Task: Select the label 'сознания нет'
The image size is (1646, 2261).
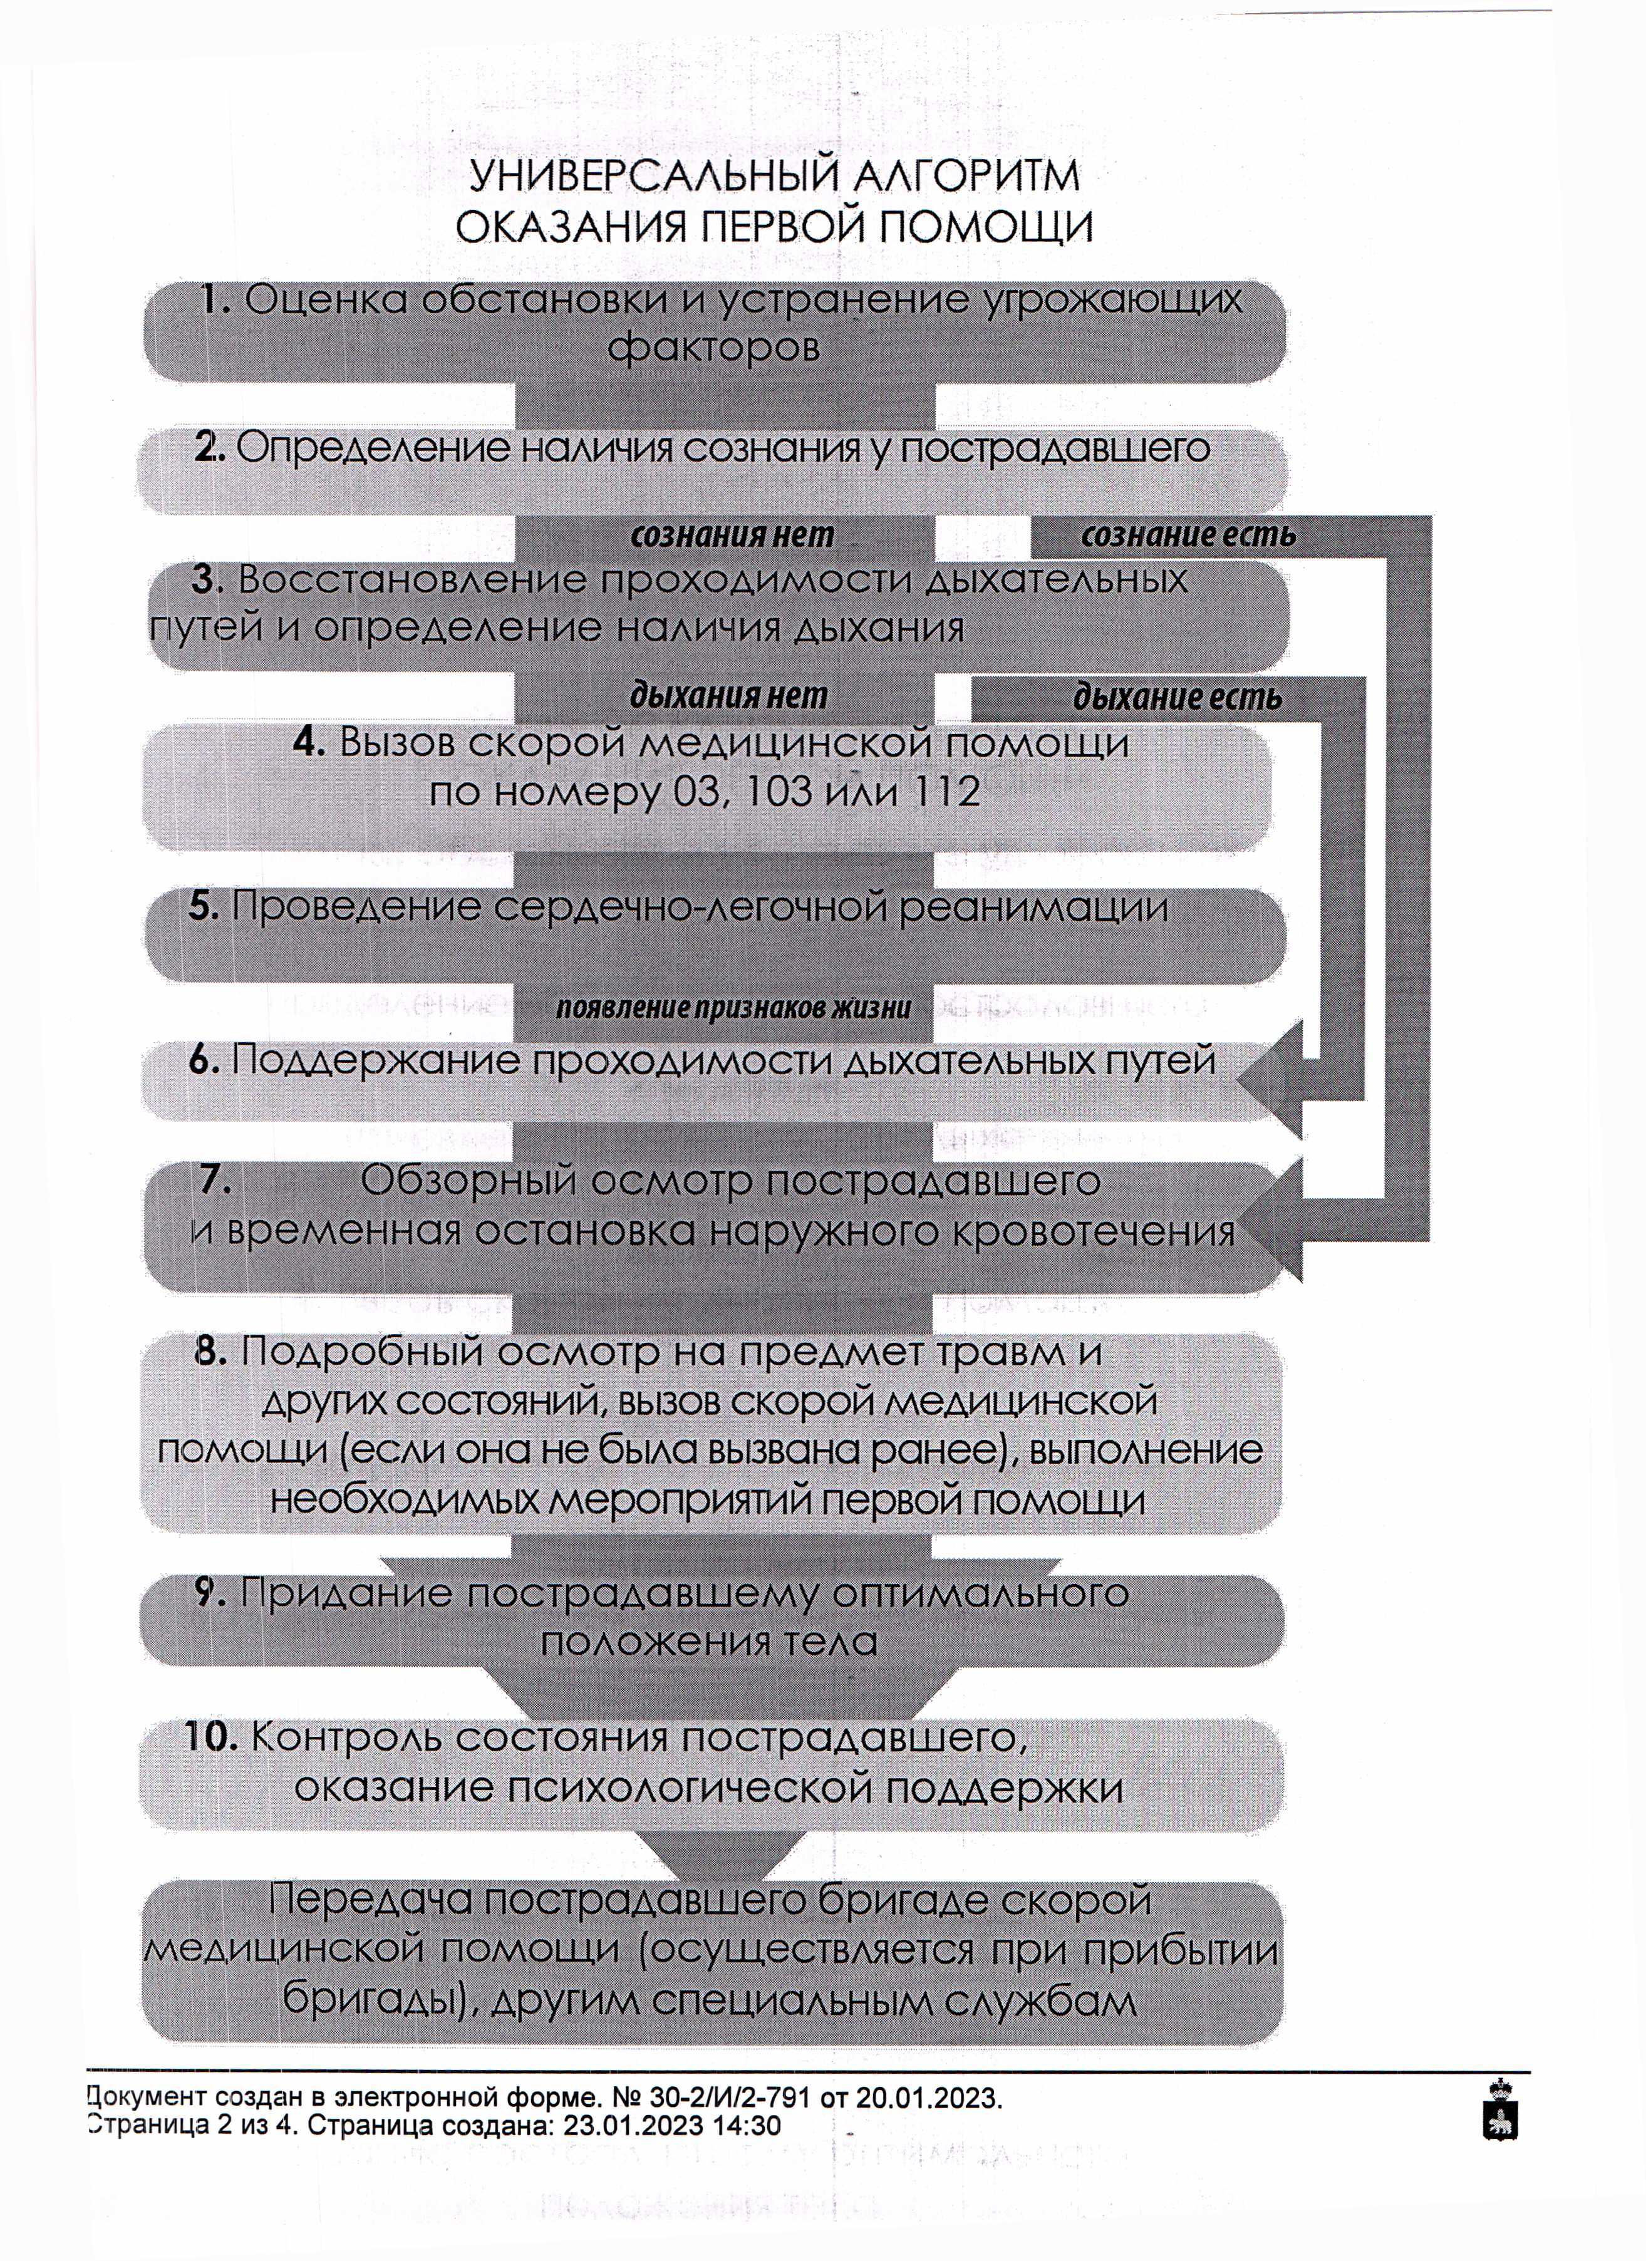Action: pos(733,535)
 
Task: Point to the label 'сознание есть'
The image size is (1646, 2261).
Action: pos(1188,535)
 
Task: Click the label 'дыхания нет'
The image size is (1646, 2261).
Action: pos(729,695)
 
